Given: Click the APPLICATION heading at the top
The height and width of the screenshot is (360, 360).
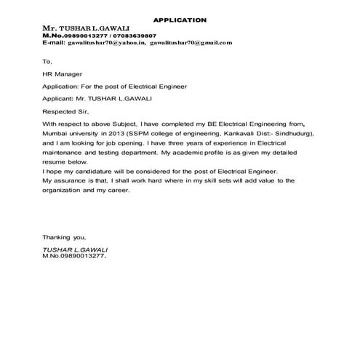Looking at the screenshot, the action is point(180,20).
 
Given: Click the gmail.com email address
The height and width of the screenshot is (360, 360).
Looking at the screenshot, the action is point(191,43).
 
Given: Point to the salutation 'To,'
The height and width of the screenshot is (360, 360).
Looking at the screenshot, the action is point(47,62).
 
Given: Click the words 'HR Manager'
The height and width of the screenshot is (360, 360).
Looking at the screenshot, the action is point(62,73).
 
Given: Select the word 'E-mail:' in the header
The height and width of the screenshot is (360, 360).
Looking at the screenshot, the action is point(53,43).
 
